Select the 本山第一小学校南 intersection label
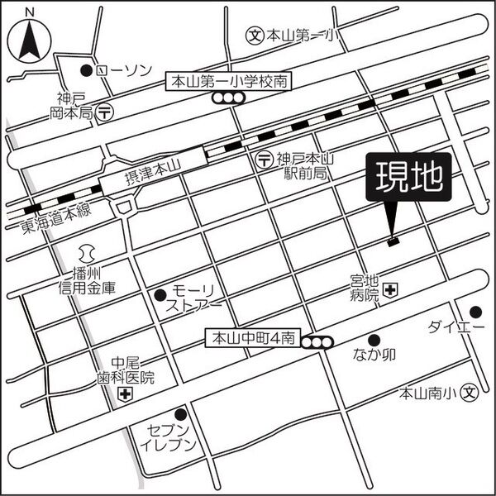point(229,82)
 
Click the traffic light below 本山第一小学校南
point(228,98)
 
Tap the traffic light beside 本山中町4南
point(317,342)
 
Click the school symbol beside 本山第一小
point(255,36)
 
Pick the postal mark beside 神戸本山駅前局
point(263,158)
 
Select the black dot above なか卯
point(374,339)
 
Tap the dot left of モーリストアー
point(160,294)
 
